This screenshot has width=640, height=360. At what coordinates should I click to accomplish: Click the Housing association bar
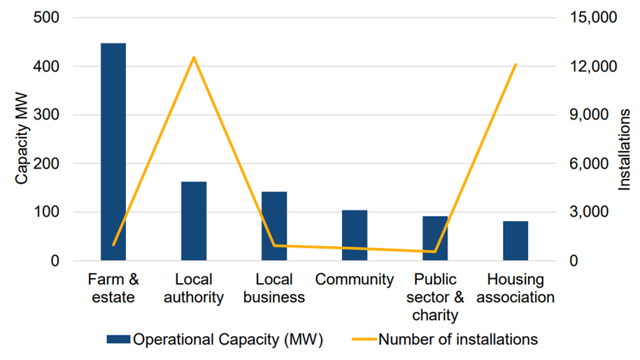[x=515, y=241]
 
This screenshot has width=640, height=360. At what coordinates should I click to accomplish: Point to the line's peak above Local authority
[x=194, y=57]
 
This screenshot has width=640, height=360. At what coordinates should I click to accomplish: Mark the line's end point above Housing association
[x=515, y=64]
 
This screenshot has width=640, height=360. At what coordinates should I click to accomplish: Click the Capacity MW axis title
[x=22, y=140]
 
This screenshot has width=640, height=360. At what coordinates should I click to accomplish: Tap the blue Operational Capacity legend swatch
[x=118, y=340]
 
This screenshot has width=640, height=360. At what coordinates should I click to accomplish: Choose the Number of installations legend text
[x=458, y=340]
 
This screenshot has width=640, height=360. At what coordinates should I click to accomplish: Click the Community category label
[x=355, y=280]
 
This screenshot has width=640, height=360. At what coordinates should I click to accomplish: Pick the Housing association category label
[x=515, y=288]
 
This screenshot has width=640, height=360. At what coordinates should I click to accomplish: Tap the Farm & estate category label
[x=113, y=288]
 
